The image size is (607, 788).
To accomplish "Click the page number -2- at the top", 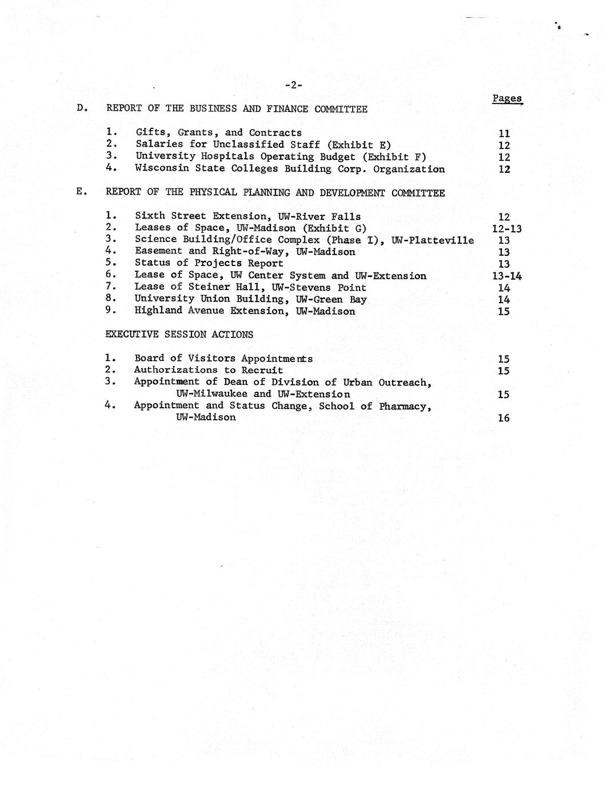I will coord(293,85).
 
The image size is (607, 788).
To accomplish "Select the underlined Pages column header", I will coord(507,98).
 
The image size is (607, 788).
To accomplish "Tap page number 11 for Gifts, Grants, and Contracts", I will coord(504,134).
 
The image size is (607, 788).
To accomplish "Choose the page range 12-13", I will coord(506,228).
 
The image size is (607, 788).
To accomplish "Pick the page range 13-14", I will coord(506,276).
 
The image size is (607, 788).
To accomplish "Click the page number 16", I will coord(504,417).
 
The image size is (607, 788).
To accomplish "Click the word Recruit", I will coord(262,370).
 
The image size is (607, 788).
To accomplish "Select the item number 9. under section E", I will coord(111,310).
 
